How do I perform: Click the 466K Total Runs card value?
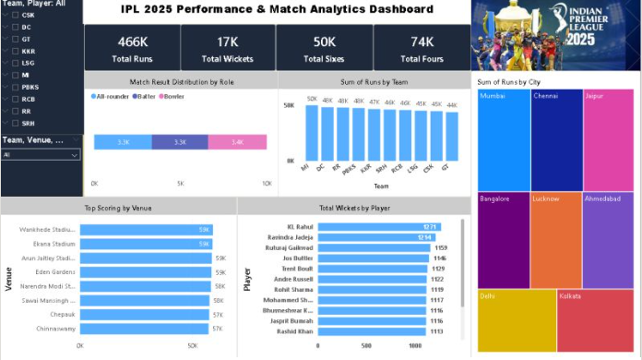pos(132,42)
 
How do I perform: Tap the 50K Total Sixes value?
pos(325,42)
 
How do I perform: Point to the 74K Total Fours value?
pos(422,42)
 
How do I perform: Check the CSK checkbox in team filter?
pos(17,16)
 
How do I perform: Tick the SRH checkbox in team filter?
pos(17,123)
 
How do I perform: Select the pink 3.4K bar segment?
pos(237,142)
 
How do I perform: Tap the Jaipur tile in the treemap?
pos(608,138)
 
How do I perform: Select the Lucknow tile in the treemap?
pos(556,238)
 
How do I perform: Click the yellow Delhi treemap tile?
pos(517,319)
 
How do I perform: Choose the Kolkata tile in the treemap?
pos(595,319)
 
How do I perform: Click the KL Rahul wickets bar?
pos(378,226)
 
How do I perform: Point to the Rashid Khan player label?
pos(295,331)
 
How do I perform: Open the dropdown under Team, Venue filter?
pos(41,155)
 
